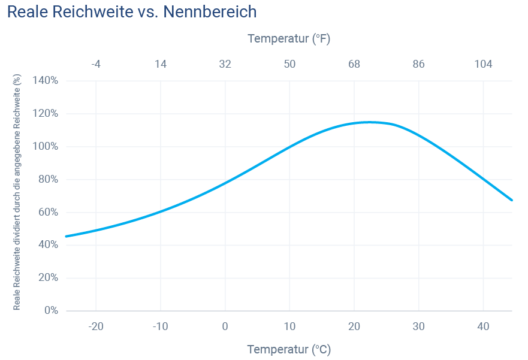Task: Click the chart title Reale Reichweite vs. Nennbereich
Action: tap(132, 12)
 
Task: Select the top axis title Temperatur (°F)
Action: tap(289, 39)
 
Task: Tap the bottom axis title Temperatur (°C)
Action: tap(289, 349)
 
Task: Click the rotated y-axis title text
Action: tap(17, 195)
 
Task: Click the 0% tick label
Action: tap(50, 310)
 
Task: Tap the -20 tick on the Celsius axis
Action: tap(96, 326)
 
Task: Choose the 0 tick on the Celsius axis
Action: tap(225, 326)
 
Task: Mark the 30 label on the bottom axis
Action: tap(418, 326)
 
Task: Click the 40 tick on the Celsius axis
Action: tap(483, 326)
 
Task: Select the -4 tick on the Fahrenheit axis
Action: tap(96, 64)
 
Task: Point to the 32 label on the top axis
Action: tap(225, 64)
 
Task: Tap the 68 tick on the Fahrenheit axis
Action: tap(354, 64)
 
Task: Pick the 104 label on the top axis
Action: tap(483, 64)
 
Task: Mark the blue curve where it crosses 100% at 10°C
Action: tap(289, 146)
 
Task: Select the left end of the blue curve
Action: tap(67, 236)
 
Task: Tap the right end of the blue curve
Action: tap(511, 199)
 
